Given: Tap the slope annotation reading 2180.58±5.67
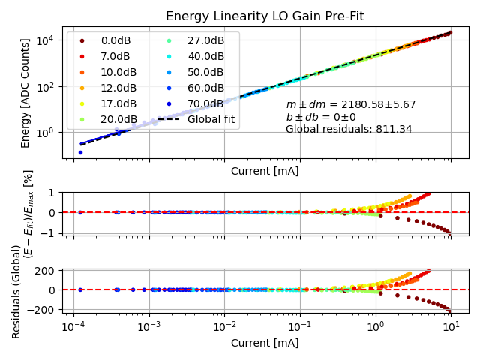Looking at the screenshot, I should (x=351, y=105).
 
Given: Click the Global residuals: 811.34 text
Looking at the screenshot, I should (x=349, y=129).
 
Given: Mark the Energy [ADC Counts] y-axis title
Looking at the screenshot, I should (x=25, y=92).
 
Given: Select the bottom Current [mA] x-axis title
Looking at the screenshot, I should (x=265, y=343).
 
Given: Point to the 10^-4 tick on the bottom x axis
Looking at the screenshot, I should (x=73, y=328).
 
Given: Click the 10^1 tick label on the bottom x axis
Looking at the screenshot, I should (x=451, y=328).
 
